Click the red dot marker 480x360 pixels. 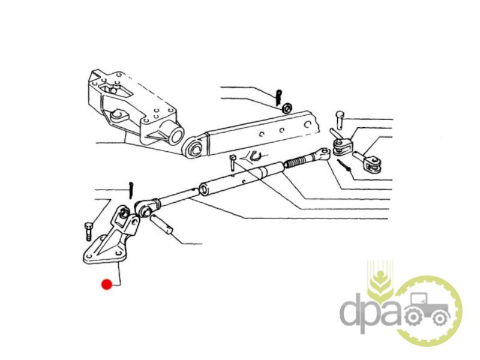(107, 284)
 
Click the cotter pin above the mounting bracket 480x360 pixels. (131, 190)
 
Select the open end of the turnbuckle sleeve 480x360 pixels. (204, 189)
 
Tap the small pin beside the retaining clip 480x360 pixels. (233, 163)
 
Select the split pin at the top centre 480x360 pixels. (278, 97)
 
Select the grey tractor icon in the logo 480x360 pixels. (427, 310)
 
